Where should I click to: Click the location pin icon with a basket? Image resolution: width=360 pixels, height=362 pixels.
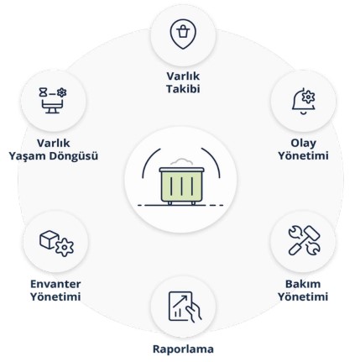pos(183,34)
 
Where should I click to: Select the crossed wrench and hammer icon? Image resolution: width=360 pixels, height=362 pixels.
pos(304,240)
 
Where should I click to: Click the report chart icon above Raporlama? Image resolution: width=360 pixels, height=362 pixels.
pos(185,307)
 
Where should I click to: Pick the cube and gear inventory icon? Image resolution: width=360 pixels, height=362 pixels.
pos(56,244)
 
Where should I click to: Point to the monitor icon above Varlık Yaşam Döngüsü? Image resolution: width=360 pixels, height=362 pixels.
pos(53,101)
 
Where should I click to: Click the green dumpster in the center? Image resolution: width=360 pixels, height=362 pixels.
pos(181,186)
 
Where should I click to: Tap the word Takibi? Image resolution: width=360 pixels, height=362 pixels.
pos(183,89)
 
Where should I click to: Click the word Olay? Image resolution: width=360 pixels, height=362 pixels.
pos(304,144)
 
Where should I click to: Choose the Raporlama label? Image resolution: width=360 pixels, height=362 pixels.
pos(183,349)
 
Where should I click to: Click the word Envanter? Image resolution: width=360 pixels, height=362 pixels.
pos(55,284)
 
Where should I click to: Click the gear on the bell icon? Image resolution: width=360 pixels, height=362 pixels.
pos(308,97)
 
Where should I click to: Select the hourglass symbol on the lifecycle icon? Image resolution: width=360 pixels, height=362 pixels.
pos(43,92)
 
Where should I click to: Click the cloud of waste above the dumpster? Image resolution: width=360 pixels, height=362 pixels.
pos(181,163)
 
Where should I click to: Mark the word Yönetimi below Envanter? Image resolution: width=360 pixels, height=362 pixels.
pos(55,296)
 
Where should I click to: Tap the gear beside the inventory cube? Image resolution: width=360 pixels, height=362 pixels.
pos(65,247)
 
